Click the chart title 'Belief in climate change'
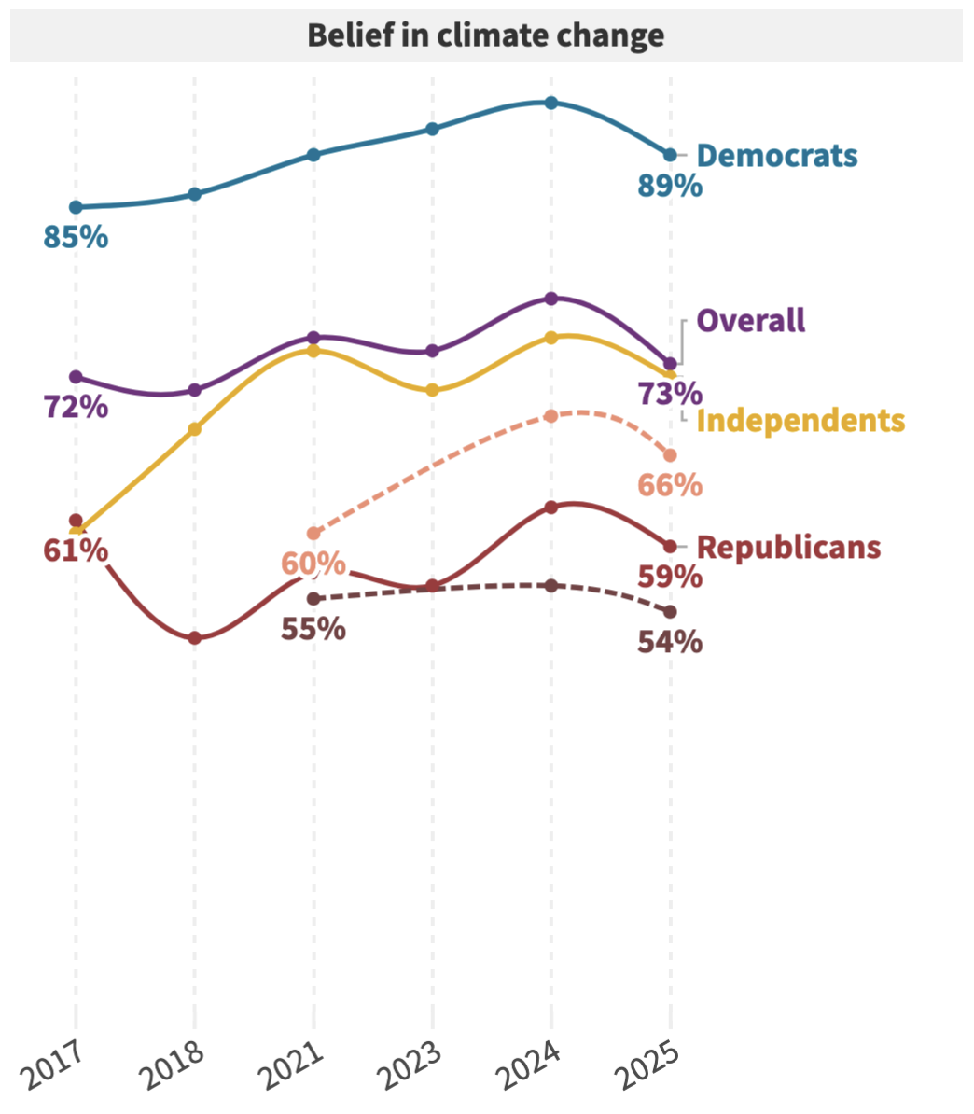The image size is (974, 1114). coord(486,35)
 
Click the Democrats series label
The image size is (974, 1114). coord(776,155)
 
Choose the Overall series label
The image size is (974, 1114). coord(751,321)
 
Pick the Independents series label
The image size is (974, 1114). coord(800,421)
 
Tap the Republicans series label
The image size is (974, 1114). coord(788,547)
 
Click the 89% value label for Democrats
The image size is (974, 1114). coord(670,187)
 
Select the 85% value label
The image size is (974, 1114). coord(76,238)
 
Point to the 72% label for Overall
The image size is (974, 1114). coord(76,408)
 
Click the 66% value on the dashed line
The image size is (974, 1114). coord(670,486)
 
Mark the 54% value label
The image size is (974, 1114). coord(670,643)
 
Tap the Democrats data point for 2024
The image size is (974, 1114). coord(551,103)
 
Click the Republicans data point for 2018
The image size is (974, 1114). coord(194,638)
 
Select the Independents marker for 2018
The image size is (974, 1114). coord(194,429)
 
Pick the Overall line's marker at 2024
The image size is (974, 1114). coord(551,299)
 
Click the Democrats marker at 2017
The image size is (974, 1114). coord(76,207)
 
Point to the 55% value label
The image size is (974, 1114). coord(313,629)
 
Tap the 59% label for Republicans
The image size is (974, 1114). coord(670,578)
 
